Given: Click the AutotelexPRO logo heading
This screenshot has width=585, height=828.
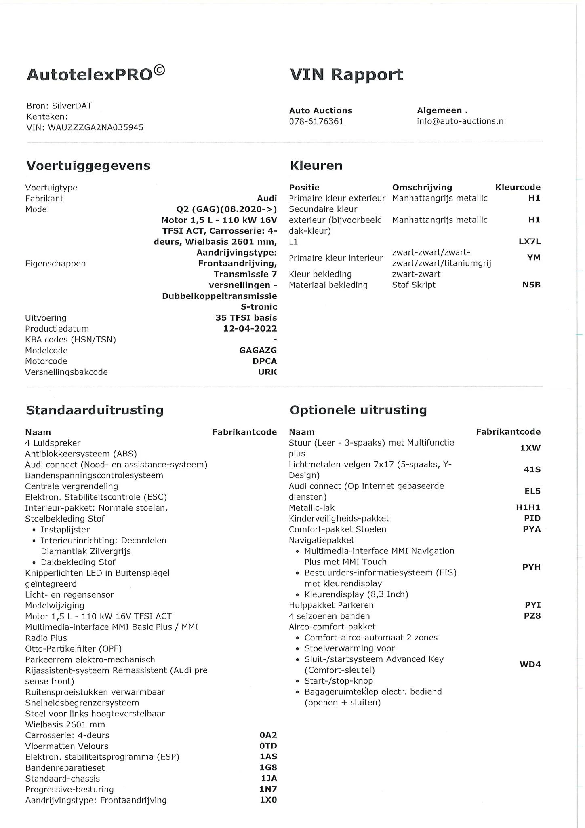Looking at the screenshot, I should (x=95, y=74).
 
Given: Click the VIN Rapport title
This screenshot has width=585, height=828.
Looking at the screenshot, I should (x=346, y=75).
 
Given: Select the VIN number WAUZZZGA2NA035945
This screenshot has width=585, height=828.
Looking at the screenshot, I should (x=96, y=127).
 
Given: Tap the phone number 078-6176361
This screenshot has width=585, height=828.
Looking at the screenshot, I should (x=316, y=121).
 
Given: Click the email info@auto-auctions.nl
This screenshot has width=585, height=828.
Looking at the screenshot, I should (x=461, y=121).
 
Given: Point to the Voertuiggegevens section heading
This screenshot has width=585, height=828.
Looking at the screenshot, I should (x=88, y=165).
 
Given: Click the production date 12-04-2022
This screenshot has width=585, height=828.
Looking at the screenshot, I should (x=250, y=329).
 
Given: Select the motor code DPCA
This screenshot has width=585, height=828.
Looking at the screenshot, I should (x=264, y=361).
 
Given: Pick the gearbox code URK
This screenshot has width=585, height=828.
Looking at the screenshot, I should (x=267, y=372).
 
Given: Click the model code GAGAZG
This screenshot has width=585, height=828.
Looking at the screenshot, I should (x=258, y=351).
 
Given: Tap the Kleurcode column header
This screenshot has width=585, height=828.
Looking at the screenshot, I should (x=518, y=187).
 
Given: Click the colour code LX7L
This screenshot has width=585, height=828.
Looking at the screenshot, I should (x=529, y=242).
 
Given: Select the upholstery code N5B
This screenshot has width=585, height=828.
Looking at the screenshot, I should (x=531, y=285).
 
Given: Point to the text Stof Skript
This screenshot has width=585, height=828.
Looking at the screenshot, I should (x=413, y=285).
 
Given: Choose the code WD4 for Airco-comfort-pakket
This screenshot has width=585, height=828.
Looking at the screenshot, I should (x=530, y=665).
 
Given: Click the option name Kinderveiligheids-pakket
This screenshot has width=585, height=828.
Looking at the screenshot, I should (x=339, y=518).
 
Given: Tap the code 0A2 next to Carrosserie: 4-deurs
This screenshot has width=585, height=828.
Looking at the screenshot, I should (x=268, y=735).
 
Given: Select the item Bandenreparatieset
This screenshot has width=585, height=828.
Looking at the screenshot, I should (x=65, y=768).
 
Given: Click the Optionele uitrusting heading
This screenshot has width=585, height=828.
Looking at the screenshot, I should (x=358, y=410).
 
